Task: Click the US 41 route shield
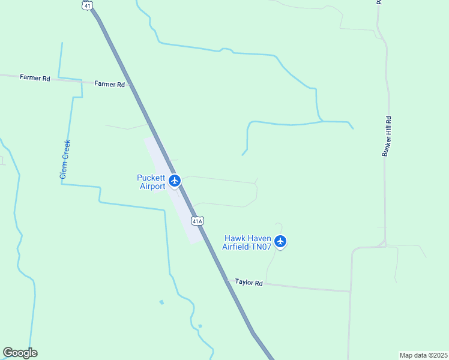point(88,5)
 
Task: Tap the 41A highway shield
point(197,221)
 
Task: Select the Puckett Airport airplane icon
point(175,181)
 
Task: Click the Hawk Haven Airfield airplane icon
point(280,242)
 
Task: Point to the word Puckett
point(151,178)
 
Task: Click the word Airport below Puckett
point(152,187)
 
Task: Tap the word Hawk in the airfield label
point(235,238)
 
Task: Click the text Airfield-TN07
point(247,246)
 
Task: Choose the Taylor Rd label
point(249,282)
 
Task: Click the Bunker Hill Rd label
point(387,137)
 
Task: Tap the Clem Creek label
point(65,159)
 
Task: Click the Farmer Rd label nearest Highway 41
point(109,85)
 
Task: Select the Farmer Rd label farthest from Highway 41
point(35,78)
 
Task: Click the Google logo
point(20,353)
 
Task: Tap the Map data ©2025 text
point(423,355)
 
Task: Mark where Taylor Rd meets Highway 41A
point(226,279)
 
